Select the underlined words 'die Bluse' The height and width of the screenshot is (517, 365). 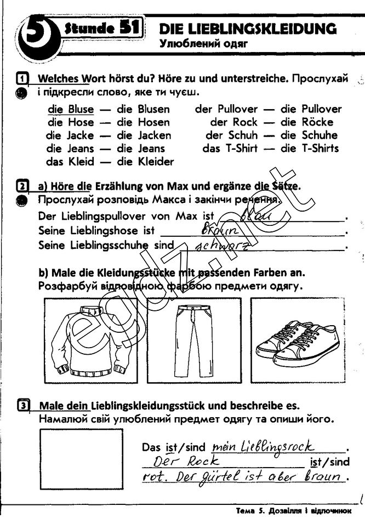[70, 109]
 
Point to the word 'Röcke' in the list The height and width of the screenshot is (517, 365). [317, 122]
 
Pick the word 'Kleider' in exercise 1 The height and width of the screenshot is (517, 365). [156, 162]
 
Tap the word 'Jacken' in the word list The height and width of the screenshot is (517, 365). [155, 135]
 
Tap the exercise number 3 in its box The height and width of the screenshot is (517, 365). [23, 406]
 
